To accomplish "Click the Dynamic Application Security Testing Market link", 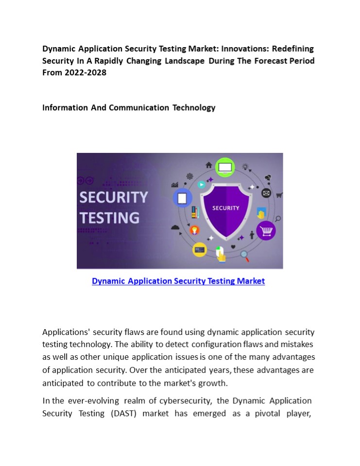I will point(178,281).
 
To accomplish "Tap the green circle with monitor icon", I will point(225,167).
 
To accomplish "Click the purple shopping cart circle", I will point(266,230).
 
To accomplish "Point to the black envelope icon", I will point(266,193).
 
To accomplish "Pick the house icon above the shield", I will point(209,165).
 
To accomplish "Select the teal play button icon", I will point(201,184).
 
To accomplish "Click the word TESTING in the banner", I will point(109,217).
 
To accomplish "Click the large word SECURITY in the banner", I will point(114,198).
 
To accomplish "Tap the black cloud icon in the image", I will point(175,227).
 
